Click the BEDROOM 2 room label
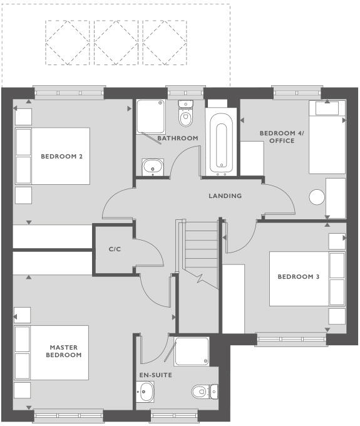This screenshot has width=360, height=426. click(x=61, y=156)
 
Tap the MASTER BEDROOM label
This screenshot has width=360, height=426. click(x=65, y=351)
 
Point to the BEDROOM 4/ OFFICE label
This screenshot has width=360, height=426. click(x=277, y=137)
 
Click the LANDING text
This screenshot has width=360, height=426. click(x=225, y=196)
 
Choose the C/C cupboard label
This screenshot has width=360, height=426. click(x=115, y=249)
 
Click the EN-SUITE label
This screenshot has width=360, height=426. click(x=155, y=375)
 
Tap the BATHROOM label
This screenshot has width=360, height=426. click(x=177, y=138)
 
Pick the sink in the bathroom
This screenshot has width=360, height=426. click(x=152, y=167)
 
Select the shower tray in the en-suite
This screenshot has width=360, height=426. click(x=192, y=352)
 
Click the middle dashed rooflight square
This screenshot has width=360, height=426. click(x=118, y=42)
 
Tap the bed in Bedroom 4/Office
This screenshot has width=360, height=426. click(x=327, y=141)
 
